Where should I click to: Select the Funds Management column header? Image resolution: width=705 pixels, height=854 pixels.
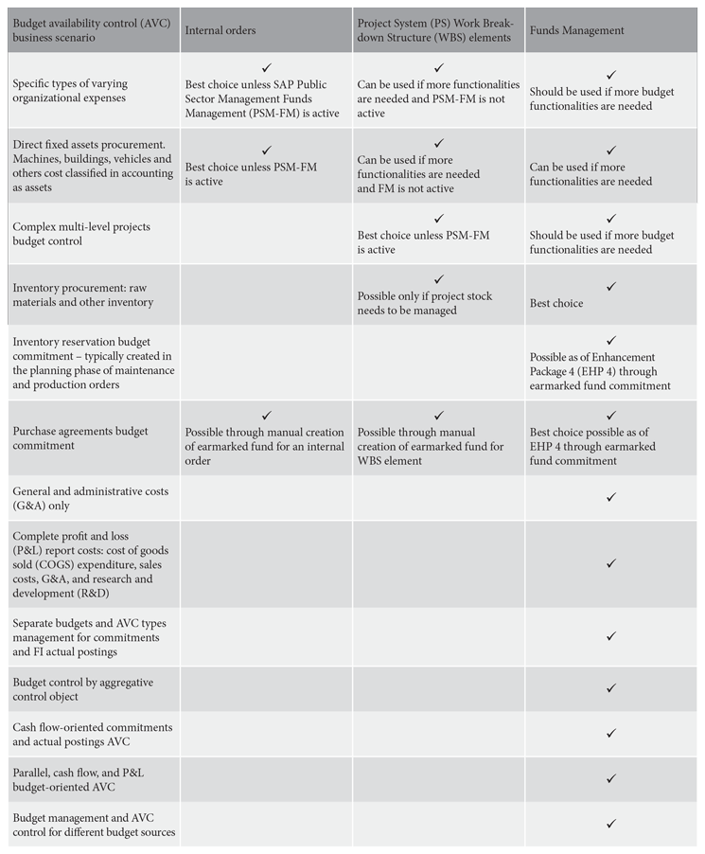pos(577,30)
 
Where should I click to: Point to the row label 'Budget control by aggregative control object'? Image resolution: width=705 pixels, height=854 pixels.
pos(83,688)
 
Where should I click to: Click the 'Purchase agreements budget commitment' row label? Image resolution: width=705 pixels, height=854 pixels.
pos(80,438)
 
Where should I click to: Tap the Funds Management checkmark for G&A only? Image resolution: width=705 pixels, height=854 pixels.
pos(611,497)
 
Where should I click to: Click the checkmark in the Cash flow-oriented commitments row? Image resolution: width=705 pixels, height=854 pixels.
pos(611,733)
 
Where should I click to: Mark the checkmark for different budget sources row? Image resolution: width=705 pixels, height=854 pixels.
pos(611,824)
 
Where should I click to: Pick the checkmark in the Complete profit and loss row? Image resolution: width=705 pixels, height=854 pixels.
pos(611,563)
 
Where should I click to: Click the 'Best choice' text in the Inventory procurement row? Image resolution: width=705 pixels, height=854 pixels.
pos(556,304)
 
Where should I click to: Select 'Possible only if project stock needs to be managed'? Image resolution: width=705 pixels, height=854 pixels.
pos(425,303)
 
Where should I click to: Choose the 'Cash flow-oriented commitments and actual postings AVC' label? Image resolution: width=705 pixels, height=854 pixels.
pos(93,734)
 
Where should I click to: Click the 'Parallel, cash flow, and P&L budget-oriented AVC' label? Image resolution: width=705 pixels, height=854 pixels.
pos(79,779)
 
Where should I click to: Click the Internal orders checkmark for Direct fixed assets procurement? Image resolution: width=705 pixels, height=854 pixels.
pos(267,151)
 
